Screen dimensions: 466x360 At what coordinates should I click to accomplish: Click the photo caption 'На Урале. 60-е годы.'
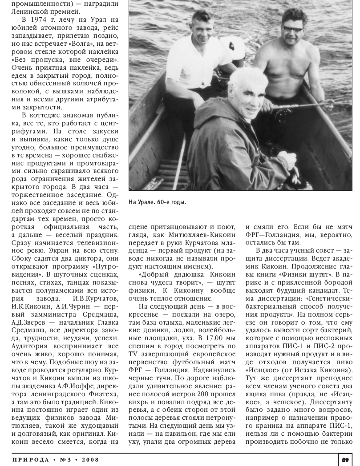pos(157,202)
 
